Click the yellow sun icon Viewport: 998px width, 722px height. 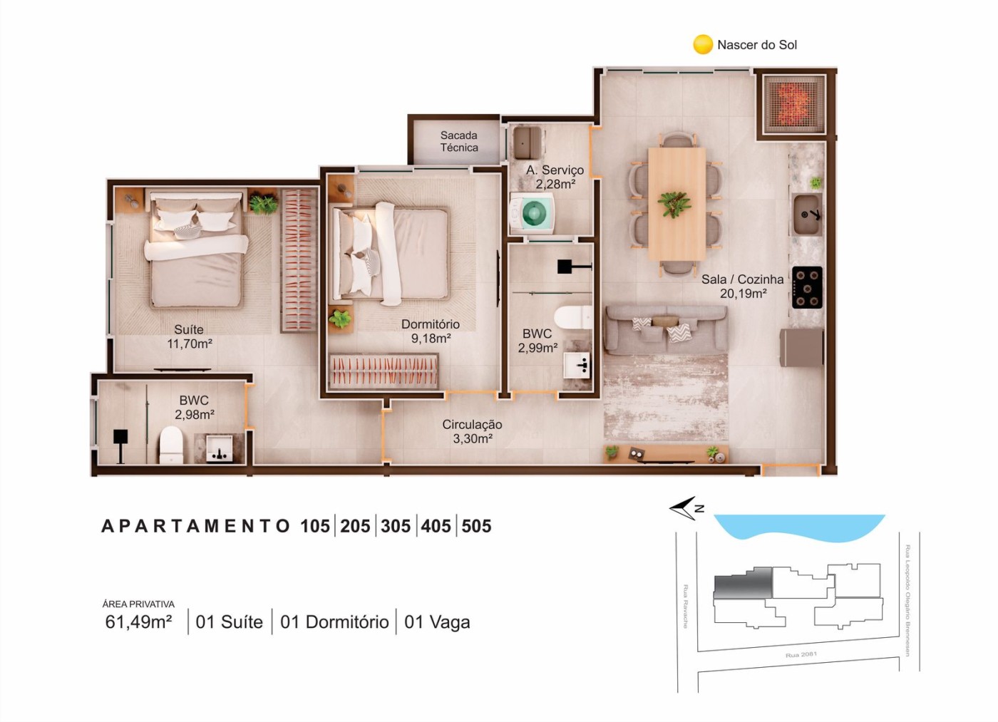pyautogui.click(x=703, y=44)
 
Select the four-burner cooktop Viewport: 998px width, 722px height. pyautogui.click(x=807, y=287)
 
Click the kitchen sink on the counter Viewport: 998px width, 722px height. pyautogui.click(x=807, y=214)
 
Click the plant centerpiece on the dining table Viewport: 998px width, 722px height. pyautogui.click(x=674, y=203)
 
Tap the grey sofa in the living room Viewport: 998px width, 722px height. pyautogui.click(x=665, y=329)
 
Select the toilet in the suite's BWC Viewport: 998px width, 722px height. pyautogui.click(x=171, y=444)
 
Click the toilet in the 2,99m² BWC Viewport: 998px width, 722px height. pyautogui.click(x=574, y=317)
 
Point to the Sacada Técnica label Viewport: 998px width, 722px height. pyautogui.click(x=459, y=141)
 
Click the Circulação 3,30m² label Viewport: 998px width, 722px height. pyautogui.click(x=472, y=431)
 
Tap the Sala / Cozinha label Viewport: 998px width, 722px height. pyautogui.click(x=742, y=286)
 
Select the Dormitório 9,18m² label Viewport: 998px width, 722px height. pyautogui.click(x=430, y=331)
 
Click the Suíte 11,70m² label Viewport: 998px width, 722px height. pyautogui.click(x=189, y=336)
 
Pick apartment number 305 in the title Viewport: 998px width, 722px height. pyautogui.click(x=396, y=526)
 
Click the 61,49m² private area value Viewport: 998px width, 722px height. pyautogui.click(x=138, y=622)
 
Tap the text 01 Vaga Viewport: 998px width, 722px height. pyautogui.click(x=437, y=622)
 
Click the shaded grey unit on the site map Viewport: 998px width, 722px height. pyautogui.click(x=743, y=582)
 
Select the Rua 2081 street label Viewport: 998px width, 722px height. pyautogui.click(x=801, y=654)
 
